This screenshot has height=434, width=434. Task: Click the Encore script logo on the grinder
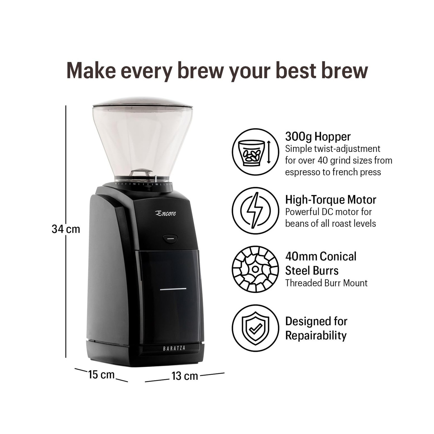(165, 213)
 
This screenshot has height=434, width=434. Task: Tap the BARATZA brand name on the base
(174, 348)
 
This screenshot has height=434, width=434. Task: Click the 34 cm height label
(66, 229)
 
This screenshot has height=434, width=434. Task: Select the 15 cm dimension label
(101, 375)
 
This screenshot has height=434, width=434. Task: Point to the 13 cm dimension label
(185, 376)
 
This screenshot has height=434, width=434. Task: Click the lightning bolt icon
(255, 210)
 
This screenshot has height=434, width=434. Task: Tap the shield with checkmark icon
(255, 328)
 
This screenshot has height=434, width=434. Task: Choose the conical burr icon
(255, 269)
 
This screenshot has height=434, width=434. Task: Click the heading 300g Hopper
(318, 136)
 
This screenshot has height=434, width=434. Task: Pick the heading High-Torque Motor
(331, 200)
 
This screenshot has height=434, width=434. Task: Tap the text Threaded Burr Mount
(326, 283)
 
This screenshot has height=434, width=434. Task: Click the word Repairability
(316, 336)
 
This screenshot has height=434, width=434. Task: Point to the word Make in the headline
(91, 71)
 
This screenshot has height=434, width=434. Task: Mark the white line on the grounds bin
(173, 289)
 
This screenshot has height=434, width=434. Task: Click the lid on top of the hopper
(142, 102)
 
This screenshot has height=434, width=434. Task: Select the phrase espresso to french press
(333, 172)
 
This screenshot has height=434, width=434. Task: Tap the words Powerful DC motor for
(328, 212)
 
